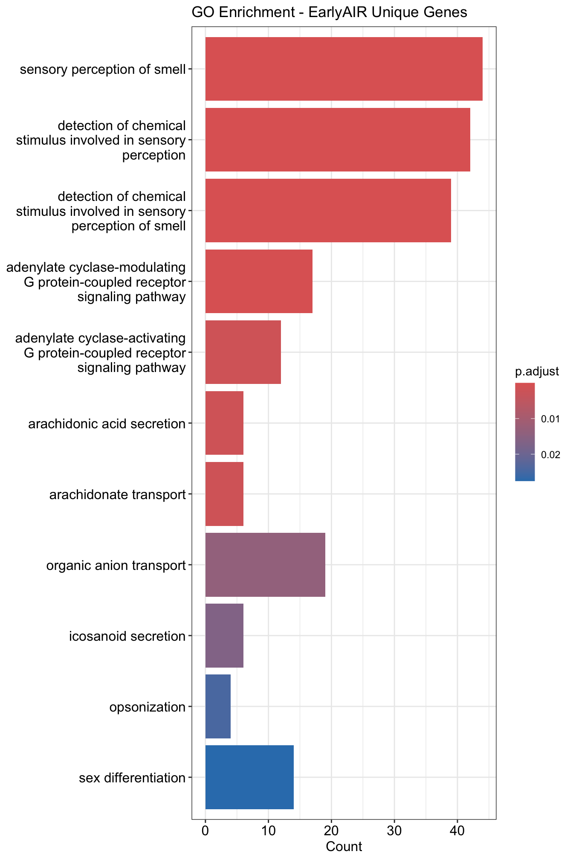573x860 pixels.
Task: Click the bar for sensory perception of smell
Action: tap(344, 69)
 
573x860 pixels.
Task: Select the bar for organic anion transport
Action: tap(265, 565)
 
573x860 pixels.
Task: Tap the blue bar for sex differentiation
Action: tap(249, 777)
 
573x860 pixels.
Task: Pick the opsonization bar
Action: tap(218, 706)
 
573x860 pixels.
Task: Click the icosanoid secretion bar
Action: tap(224, 636)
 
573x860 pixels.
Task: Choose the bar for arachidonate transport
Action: tap(224, 494)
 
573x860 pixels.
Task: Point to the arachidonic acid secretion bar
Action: tap(224, 423)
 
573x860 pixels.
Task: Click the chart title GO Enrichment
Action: tap(329, 13)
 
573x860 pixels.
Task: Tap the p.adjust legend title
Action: tap(537, 372)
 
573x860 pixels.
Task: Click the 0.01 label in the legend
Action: tap(550, 419)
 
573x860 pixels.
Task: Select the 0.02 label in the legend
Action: tap(550, 455)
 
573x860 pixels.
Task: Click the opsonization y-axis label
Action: tap(147, 707)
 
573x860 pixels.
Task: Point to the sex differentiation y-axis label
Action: tap(132, 778)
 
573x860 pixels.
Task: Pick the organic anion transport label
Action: tap(116, 566)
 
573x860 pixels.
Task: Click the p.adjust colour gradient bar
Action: tap(524, 432)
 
